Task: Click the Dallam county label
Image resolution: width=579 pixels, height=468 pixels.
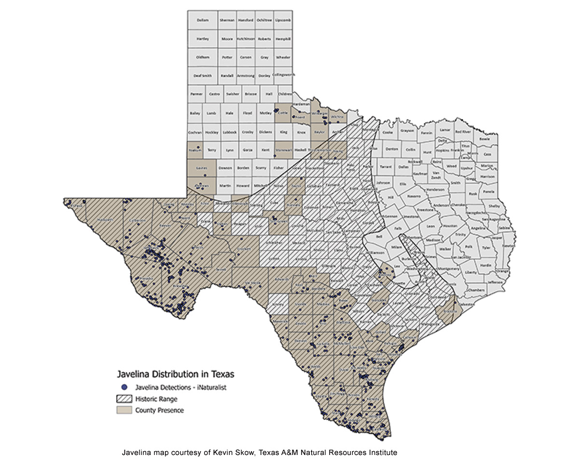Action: (x=203, y=20)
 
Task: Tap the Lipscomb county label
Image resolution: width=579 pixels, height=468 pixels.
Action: (x=283, y=20)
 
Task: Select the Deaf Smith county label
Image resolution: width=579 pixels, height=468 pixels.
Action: (x=203, y=76)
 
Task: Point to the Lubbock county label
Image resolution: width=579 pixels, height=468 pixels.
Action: (x=230, y=132)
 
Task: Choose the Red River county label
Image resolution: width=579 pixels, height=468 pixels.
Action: (x=463, y=132)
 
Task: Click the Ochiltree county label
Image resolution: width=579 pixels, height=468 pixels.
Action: (x=264, y=20)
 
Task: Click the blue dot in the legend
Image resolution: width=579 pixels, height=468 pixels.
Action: (x=124, y=387)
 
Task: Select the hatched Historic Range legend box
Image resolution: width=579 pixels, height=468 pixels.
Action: (x=124, y=399)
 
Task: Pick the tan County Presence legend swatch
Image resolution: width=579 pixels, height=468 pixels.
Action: (x=124, y=411)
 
